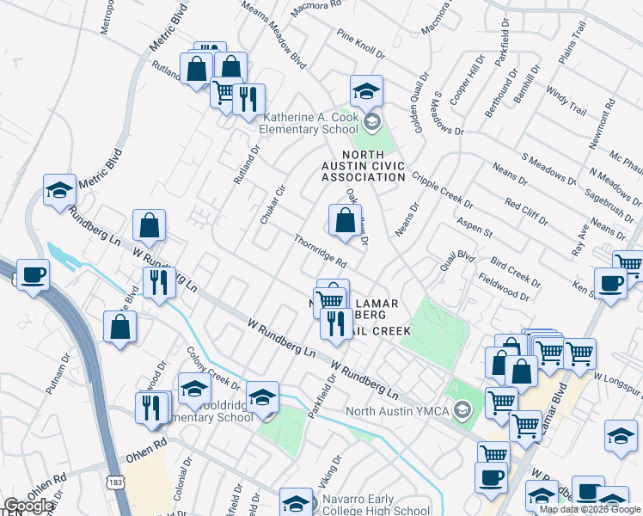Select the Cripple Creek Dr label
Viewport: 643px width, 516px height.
coord(442,189)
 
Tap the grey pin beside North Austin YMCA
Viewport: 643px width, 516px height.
coord(464,410)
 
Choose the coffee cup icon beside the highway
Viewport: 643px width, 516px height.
coord(33,275)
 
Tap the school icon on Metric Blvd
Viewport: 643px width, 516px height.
coord(59,191)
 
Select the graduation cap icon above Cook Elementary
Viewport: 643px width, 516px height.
coord(366,90)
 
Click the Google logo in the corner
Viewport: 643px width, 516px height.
coord(29,506)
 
